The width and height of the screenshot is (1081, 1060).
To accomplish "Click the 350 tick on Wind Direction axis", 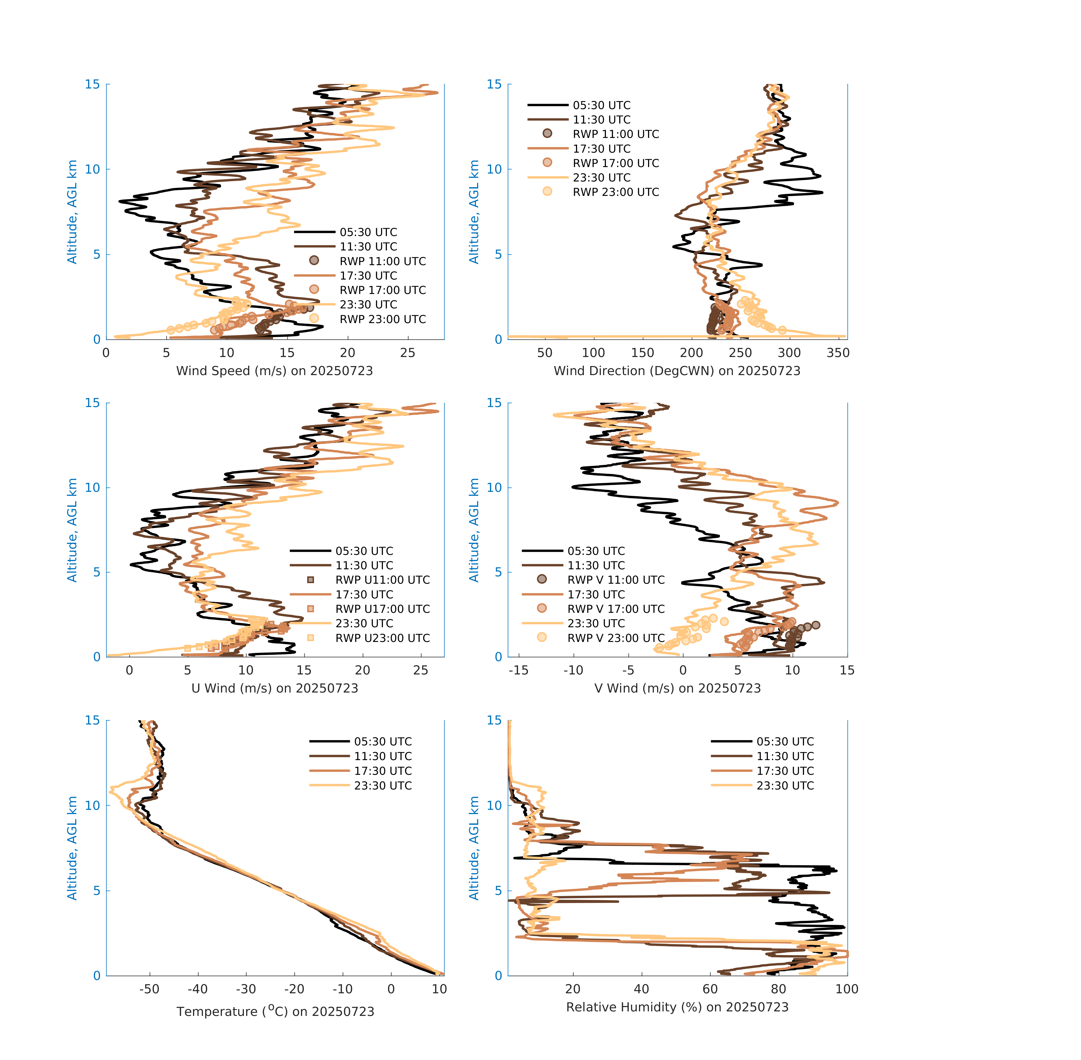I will click(838, 353).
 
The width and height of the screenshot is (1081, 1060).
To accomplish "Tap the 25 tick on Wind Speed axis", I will click(408, 353).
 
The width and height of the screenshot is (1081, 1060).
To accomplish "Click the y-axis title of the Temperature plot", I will click(72, 849).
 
